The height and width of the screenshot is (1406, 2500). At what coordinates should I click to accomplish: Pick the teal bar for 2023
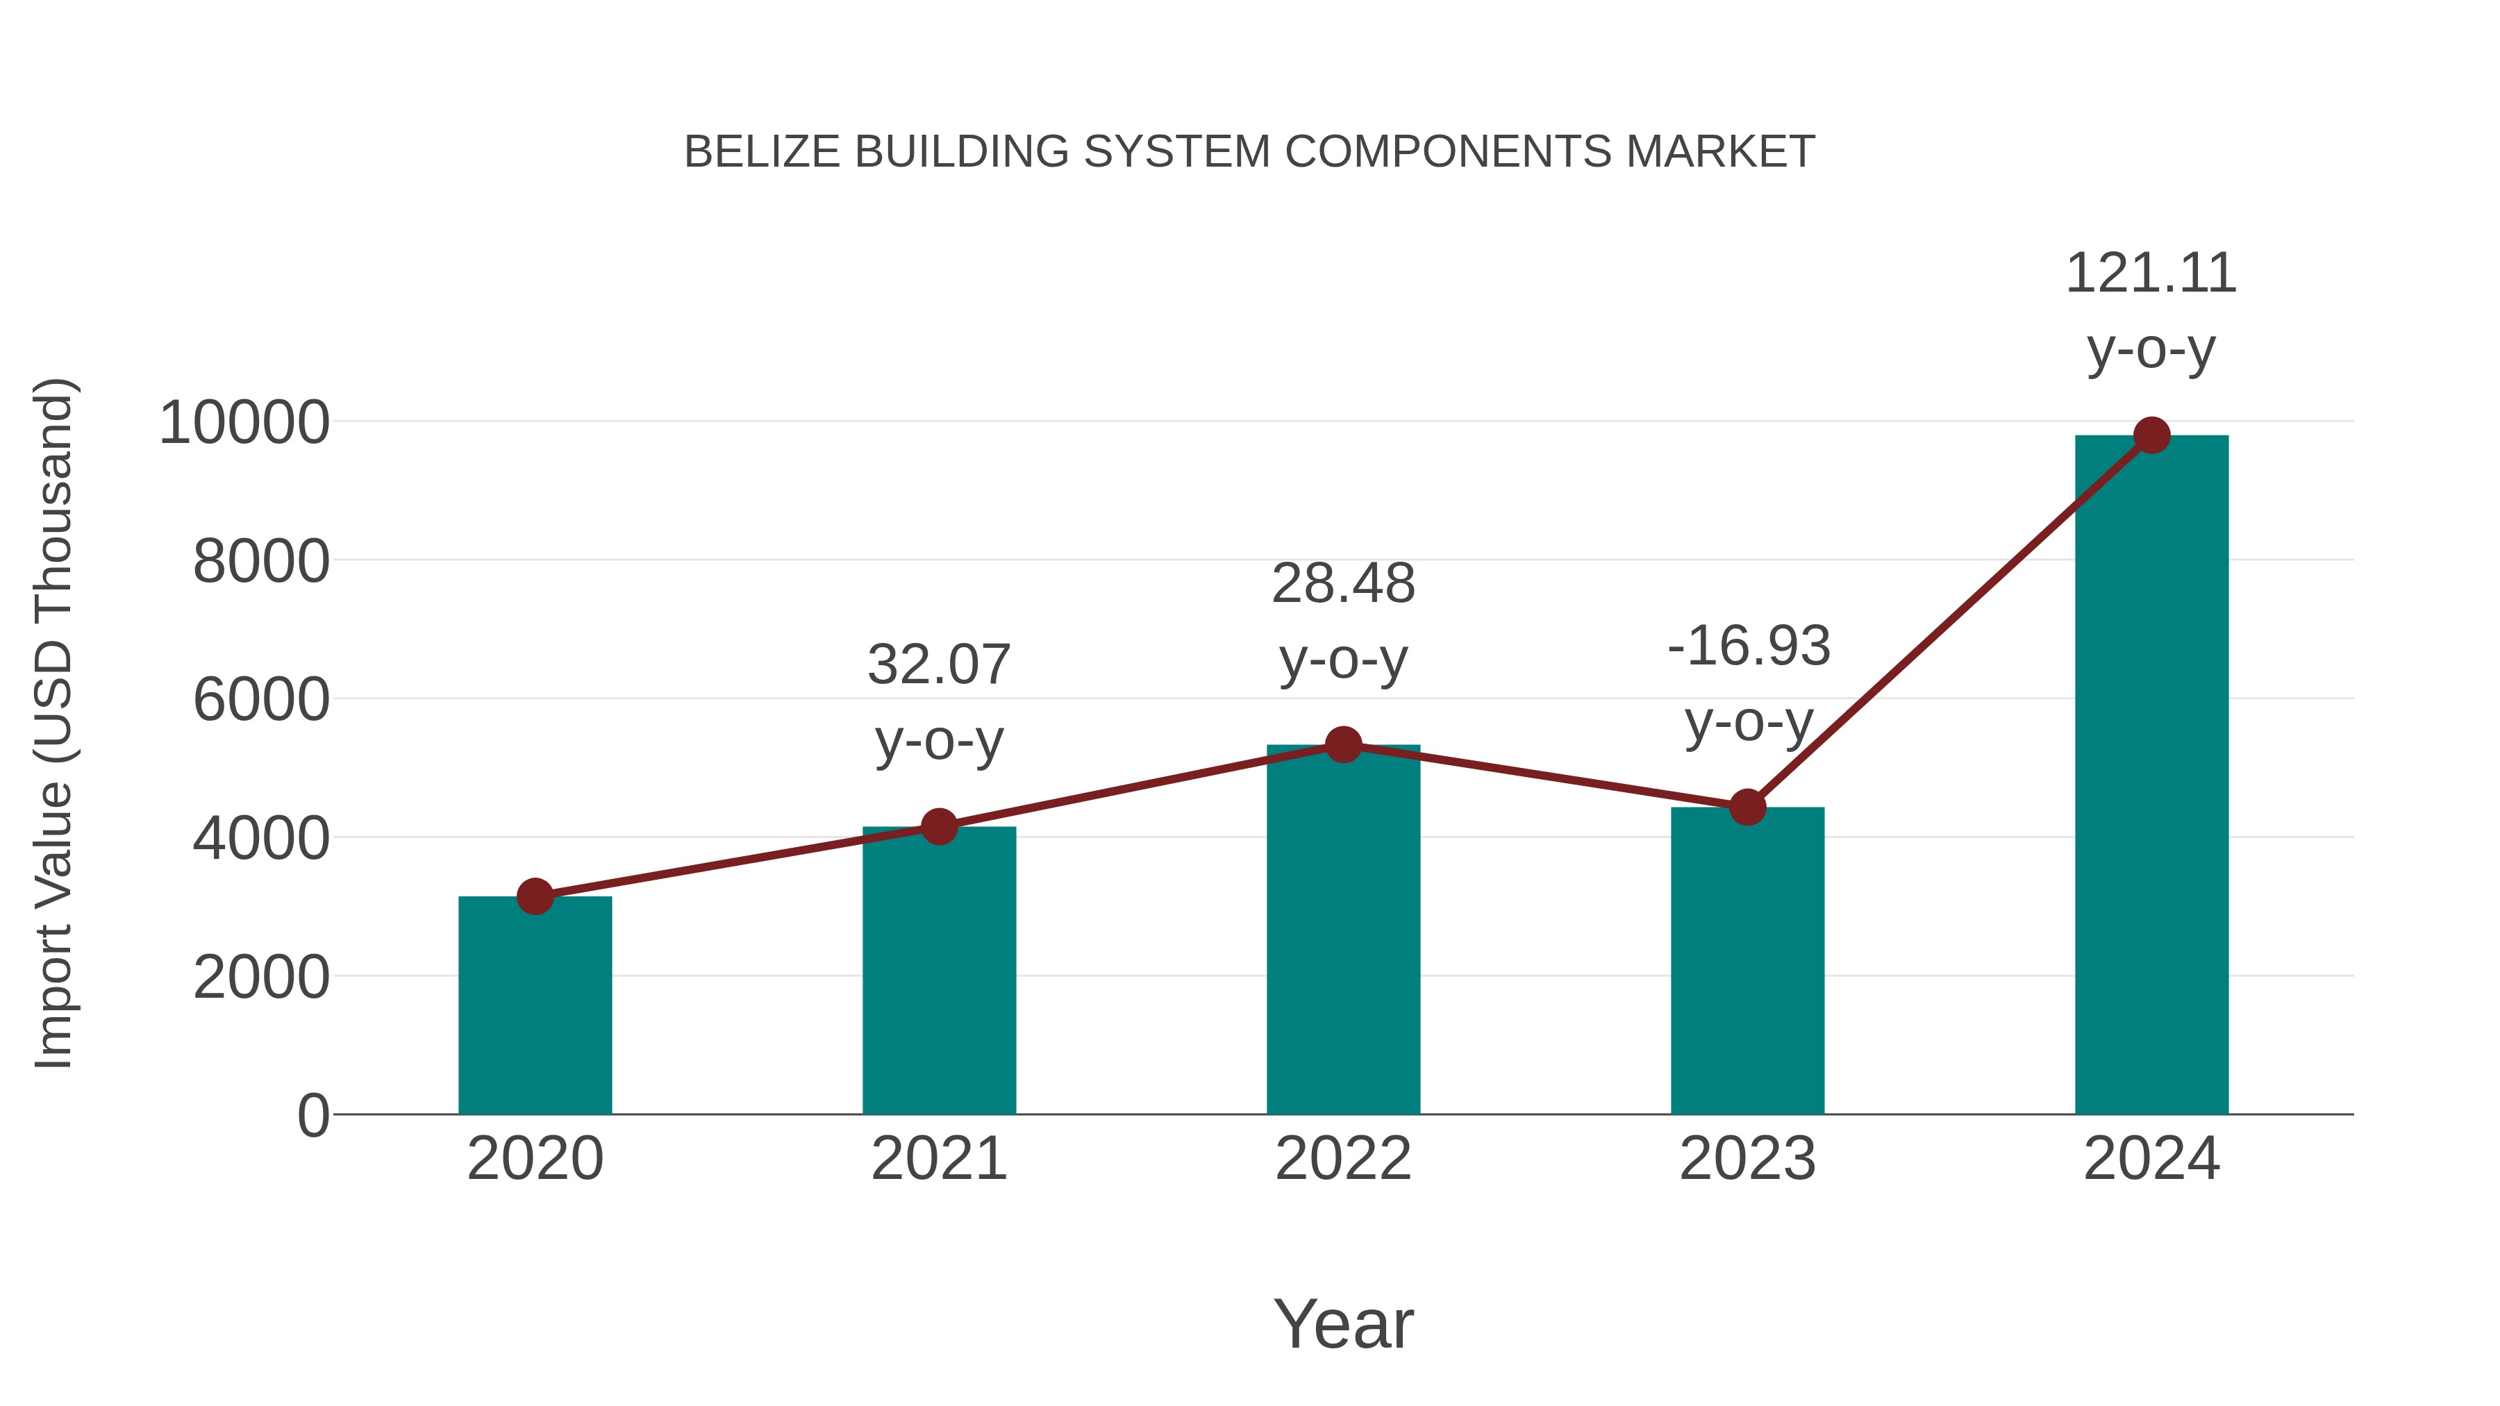1747,961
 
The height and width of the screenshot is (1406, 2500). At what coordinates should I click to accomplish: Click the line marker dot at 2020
535,896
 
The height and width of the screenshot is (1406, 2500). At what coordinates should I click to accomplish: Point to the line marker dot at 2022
1343,744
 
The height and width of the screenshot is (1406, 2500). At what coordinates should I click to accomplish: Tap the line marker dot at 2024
2151,435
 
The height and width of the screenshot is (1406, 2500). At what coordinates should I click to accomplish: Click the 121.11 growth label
2151,274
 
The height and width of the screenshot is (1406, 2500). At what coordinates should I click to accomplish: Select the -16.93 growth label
1749,646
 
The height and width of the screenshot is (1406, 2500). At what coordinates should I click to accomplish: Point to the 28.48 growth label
1343,584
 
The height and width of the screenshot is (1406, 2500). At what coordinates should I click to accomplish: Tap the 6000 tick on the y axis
261,700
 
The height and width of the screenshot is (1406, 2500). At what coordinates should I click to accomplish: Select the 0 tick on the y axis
312,1115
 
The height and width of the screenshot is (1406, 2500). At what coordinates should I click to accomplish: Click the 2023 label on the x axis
1747,1159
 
